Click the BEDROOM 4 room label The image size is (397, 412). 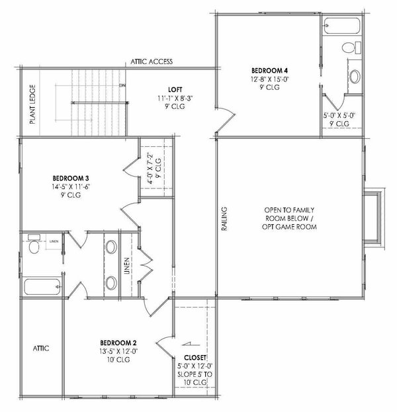[269, 69]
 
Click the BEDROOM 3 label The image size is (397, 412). [70, 178]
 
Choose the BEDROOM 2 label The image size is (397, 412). [118, 342]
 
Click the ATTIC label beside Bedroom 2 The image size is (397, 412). [41, 348]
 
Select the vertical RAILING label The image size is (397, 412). [225, 219]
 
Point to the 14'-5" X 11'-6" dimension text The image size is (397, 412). [70, 187]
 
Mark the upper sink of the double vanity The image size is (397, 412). [111, 248]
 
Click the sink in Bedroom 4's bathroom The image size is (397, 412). [354, 75]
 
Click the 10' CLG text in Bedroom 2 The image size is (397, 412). [118, 360]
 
